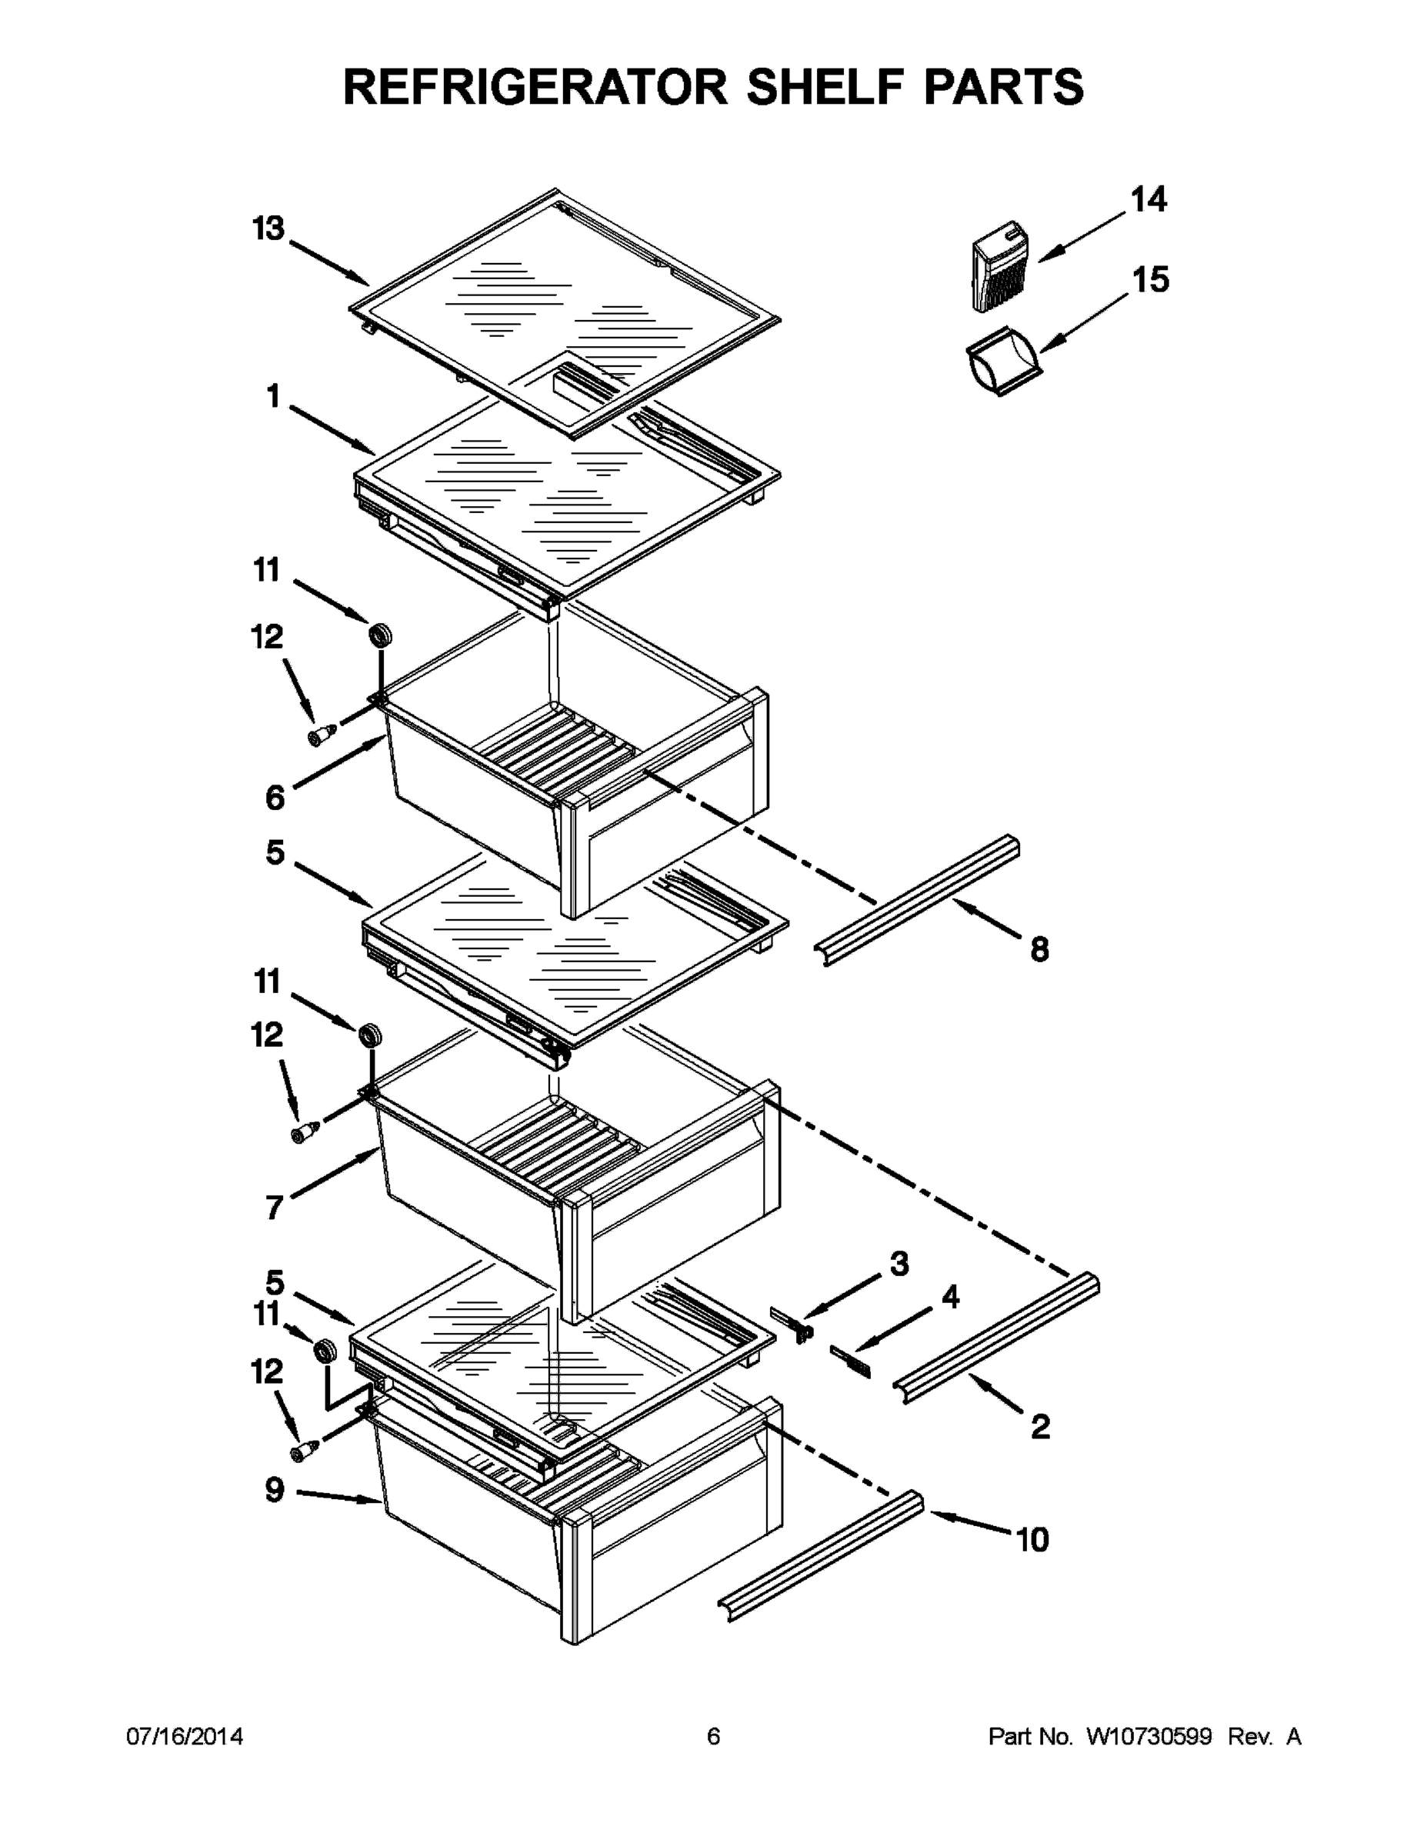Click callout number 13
[268, 228]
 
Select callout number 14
[1148, 199]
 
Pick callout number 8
[1039, 950]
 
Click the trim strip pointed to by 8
[922, 900]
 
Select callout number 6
[275, 797]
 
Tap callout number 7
[273, 1208]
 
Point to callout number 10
[1032, 1540]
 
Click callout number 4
[950, 1298]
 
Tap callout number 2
[1040, 1428]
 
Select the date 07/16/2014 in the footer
[185, 1737]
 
